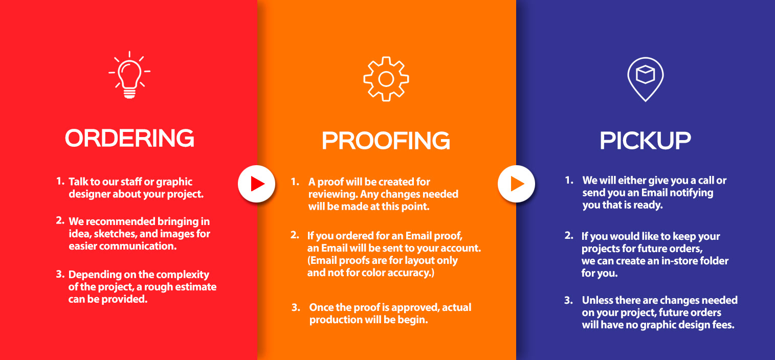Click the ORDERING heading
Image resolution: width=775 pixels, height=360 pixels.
[x=129, y=138]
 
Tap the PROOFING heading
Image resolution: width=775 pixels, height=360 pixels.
[x=386, y=141]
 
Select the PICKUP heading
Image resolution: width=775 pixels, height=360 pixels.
[x=645, y=141]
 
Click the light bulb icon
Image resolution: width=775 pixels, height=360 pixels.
[x=129, y=75]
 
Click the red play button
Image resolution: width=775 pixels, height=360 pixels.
[x=256, y=184]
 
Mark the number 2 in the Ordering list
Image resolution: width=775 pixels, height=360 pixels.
[x=60, y=220]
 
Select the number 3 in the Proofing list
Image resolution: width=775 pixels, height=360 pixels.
[x=296, y=307]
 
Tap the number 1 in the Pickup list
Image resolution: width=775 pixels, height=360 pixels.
[x=569, y=180]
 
